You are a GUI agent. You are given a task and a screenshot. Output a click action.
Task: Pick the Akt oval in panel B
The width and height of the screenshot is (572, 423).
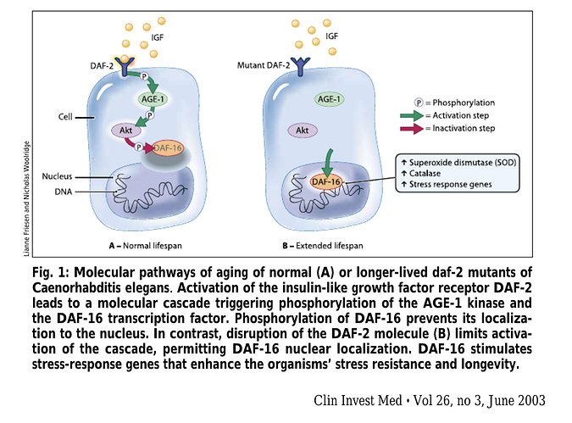coord(299,131)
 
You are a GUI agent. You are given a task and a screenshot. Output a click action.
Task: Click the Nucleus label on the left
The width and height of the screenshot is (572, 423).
coord(58,176)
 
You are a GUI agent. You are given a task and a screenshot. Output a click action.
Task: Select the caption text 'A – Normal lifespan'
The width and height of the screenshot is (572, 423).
coord(146,244)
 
